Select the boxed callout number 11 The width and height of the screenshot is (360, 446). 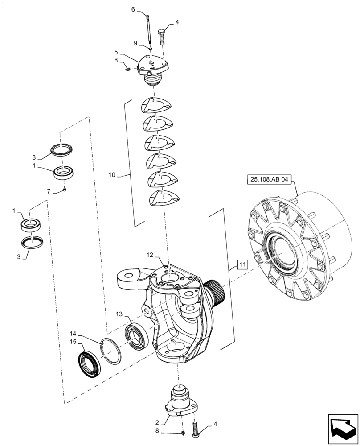coord(242,264)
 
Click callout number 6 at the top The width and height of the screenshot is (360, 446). coord(133,9)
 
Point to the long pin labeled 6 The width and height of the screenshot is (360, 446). coord(148,29)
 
